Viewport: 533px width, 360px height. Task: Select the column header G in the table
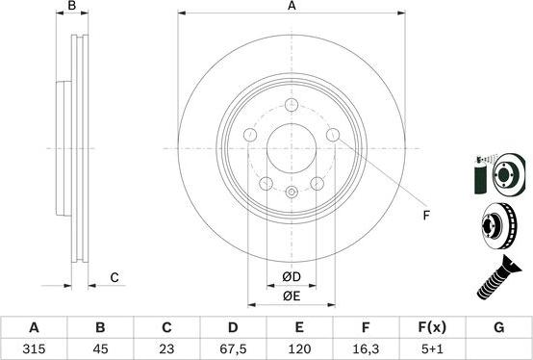pos(498,327)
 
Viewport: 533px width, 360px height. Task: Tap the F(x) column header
pos(431,327)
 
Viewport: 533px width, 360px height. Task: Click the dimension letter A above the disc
pos(292,7)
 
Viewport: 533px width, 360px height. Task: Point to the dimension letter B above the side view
pos(72,7)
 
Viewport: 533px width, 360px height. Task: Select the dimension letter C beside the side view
pos(114,278)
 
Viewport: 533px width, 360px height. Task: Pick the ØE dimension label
pos(292,296)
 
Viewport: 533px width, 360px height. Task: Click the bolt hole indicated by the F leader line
pos(333,135)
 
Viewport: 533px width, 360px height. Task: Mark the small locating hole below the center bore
pos(291,193)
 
